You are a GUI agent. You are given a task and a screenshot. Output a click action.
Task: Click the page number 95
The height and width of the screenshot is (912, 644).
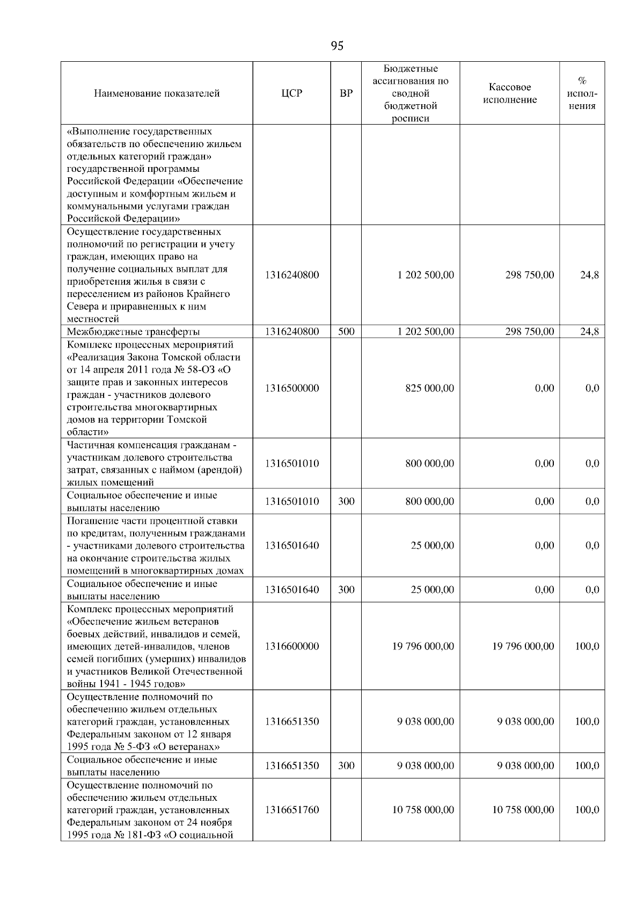(337, 46)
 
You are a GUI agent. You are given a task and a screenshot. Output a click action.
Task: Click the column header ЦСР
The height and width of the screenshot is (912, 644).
(292, 93)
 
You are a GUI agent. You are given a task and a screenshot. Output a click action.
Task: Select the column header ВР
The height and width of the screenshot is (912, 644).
(346, 93)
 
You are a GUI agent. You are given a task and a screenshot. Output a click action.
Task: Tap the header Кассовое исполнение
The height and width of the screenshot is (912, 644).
(509, 93)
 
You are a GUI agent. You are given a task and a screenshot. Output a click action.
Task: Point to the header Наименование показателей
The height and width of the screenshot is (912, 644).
(157, 93)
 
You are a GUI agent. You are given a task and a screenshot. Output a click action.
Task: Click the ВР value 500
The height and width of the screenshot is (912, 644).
(346, 331)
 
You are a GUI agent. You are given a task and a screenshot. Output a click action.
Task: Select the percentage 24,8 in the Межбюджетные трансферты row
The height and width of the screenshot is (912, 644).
(589, 331)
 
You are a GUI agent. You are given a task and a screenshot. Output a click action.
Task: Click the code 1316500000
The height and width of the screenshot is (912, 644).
(292, 388)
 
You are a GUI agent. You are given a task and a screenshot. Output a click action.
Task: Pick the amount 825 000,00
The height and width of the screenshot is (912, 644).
(429, 388)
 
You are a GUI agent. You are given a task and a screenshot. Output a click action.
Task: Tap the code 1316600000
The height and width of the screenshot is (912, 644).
(292, 646)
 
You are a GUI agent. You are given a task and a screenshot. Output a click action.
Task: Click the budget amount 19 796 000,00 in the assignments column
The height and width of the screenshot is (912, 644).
(423, 646)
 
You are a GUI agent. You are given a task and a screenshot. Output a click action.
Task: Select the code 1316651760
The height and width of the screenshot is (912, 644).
(292, 809)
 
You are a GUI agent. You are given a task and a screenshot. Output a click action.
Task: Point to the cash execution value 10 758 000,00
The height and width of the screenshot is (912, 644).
(523, 809)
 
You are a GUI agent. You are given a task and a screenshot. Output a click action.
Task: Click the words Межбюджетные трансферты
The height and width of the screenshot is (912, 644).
(134, 332)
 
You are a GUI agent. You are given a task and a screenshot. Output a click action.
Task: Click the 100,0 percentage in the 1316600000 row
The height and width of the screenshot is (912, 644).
(587, 646)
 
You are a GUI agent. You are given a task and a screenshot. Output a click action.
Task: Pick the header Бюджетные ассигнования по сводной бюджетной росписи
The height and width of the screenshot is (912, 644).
(411, 93)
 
